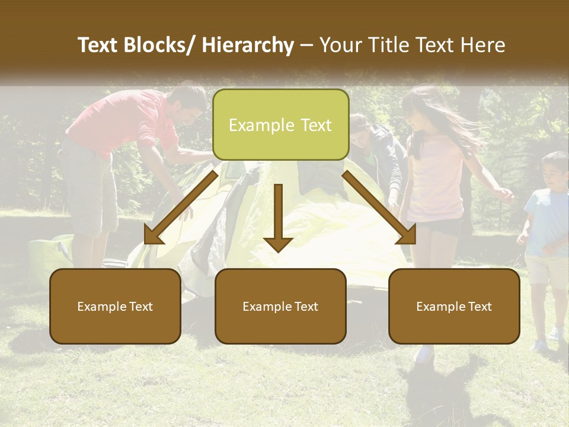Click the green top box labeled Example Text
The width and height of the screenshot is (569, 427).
(x=280, y=125)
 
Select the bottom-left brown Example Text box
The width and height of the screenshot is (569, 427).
(x=115, y=306)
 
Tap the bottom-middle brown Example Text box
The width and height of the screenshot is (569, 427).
(x=280, y=306)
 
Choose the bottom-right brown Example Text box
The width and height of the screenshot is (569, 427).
(x=454, y=306)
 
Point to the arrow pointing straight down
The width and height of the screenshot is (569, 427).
(x=278, y=217)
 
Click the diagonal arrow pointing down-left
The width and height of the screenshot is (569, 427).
(x=180, y=208)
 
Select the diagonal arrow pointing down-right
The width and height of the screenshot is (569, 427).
(x=379, y=208)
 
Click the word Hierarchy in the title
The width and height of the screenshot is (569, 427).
(x=248, y=45)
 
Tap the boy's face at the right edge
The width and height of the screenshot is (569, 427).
(x=555, y=172)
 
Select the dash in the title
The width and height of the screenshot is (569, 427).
(x=307, y=46)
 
